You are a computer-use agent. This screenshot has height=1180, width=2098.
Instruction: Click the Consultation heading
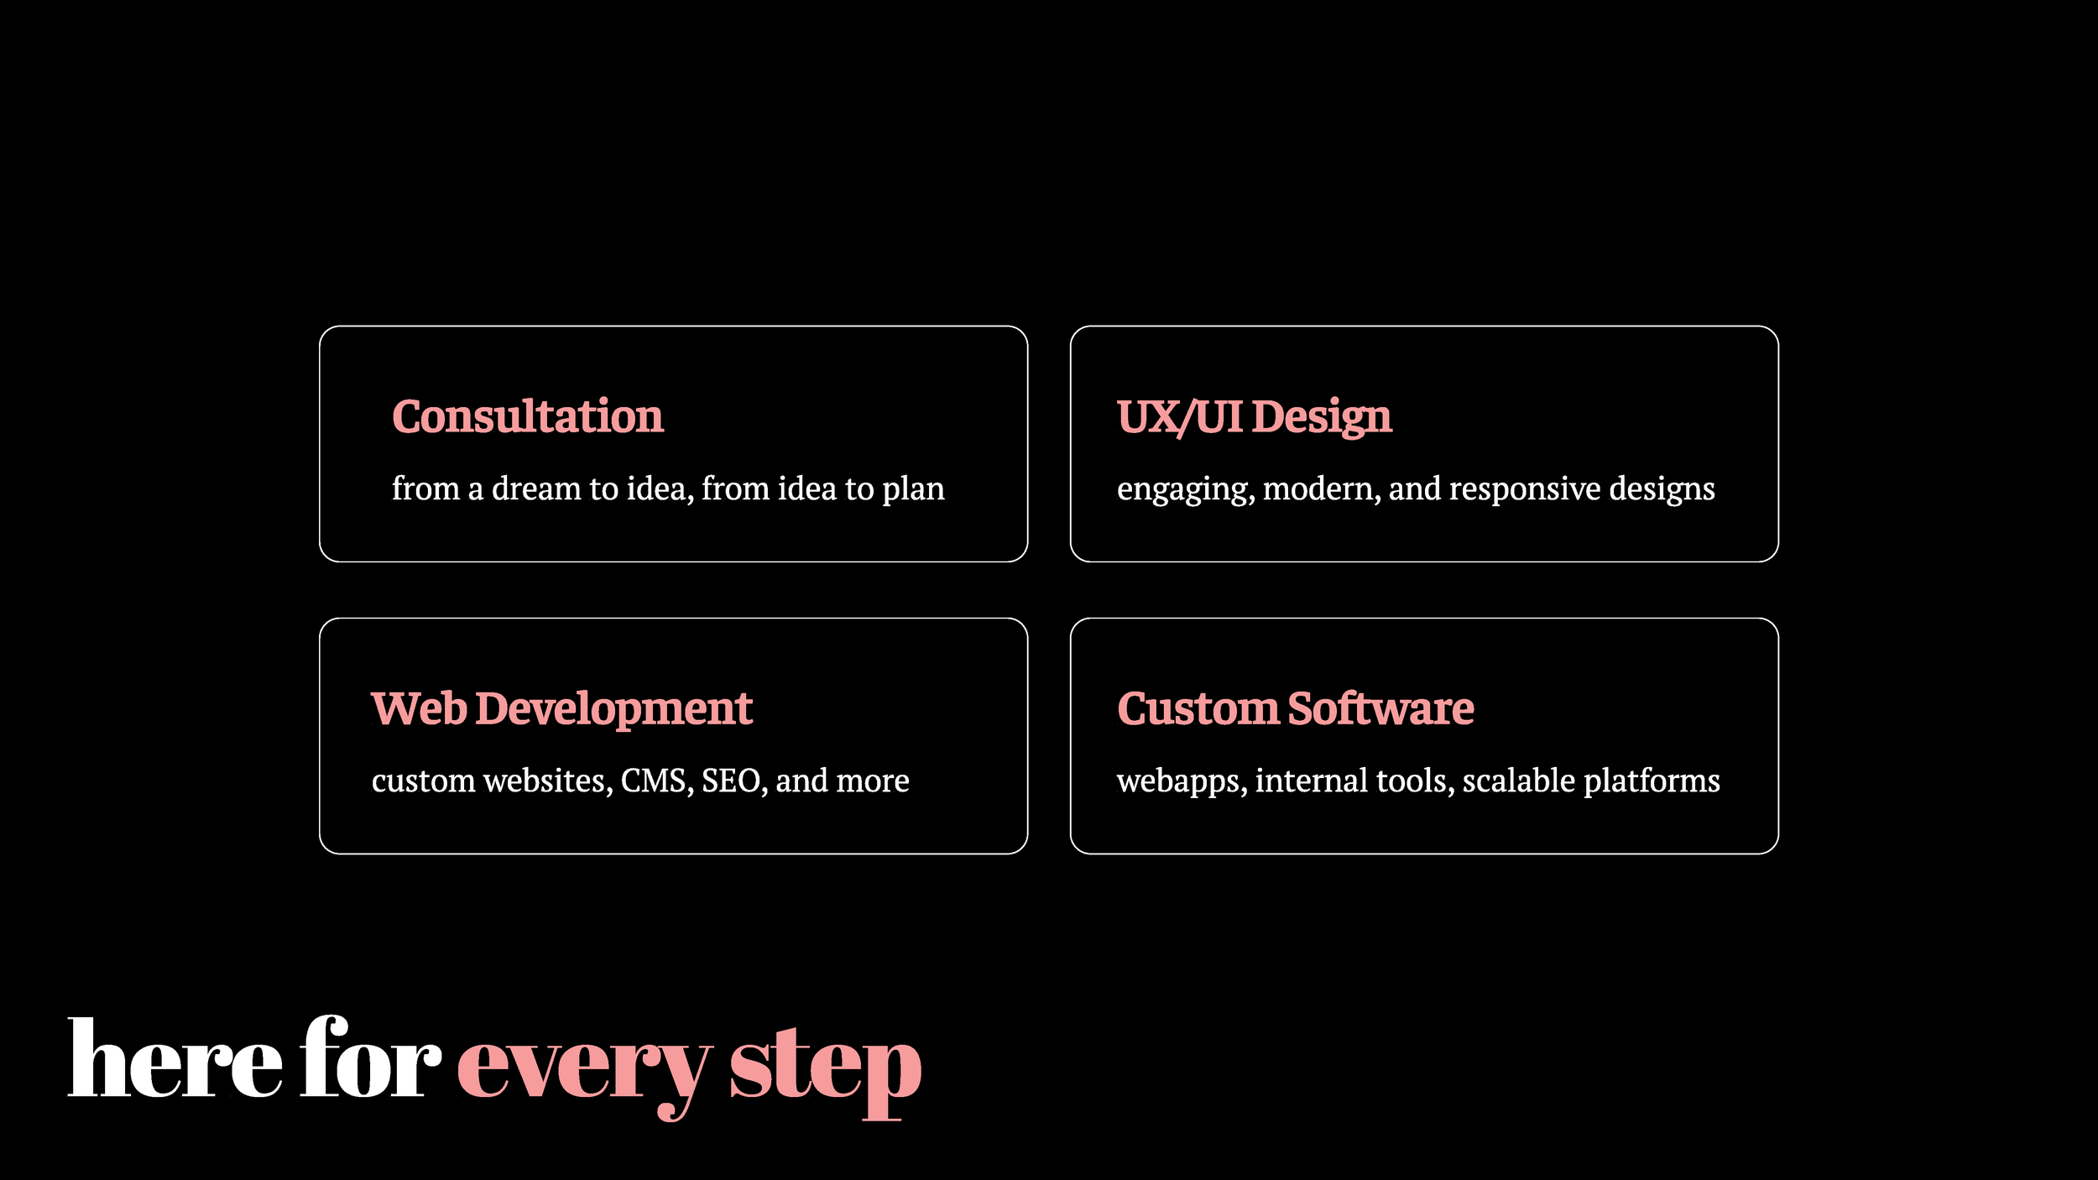[x=527, y=417]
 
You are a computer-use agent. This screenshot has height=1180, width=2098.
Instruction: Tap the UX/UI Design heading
[x=1254, y=417]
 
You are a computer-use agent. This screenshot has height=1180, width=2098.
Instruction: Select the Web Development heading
[x=561, y=709]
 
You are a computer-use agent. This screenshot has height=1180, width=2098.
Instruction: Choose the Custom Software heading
[x=1295, y=709]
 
